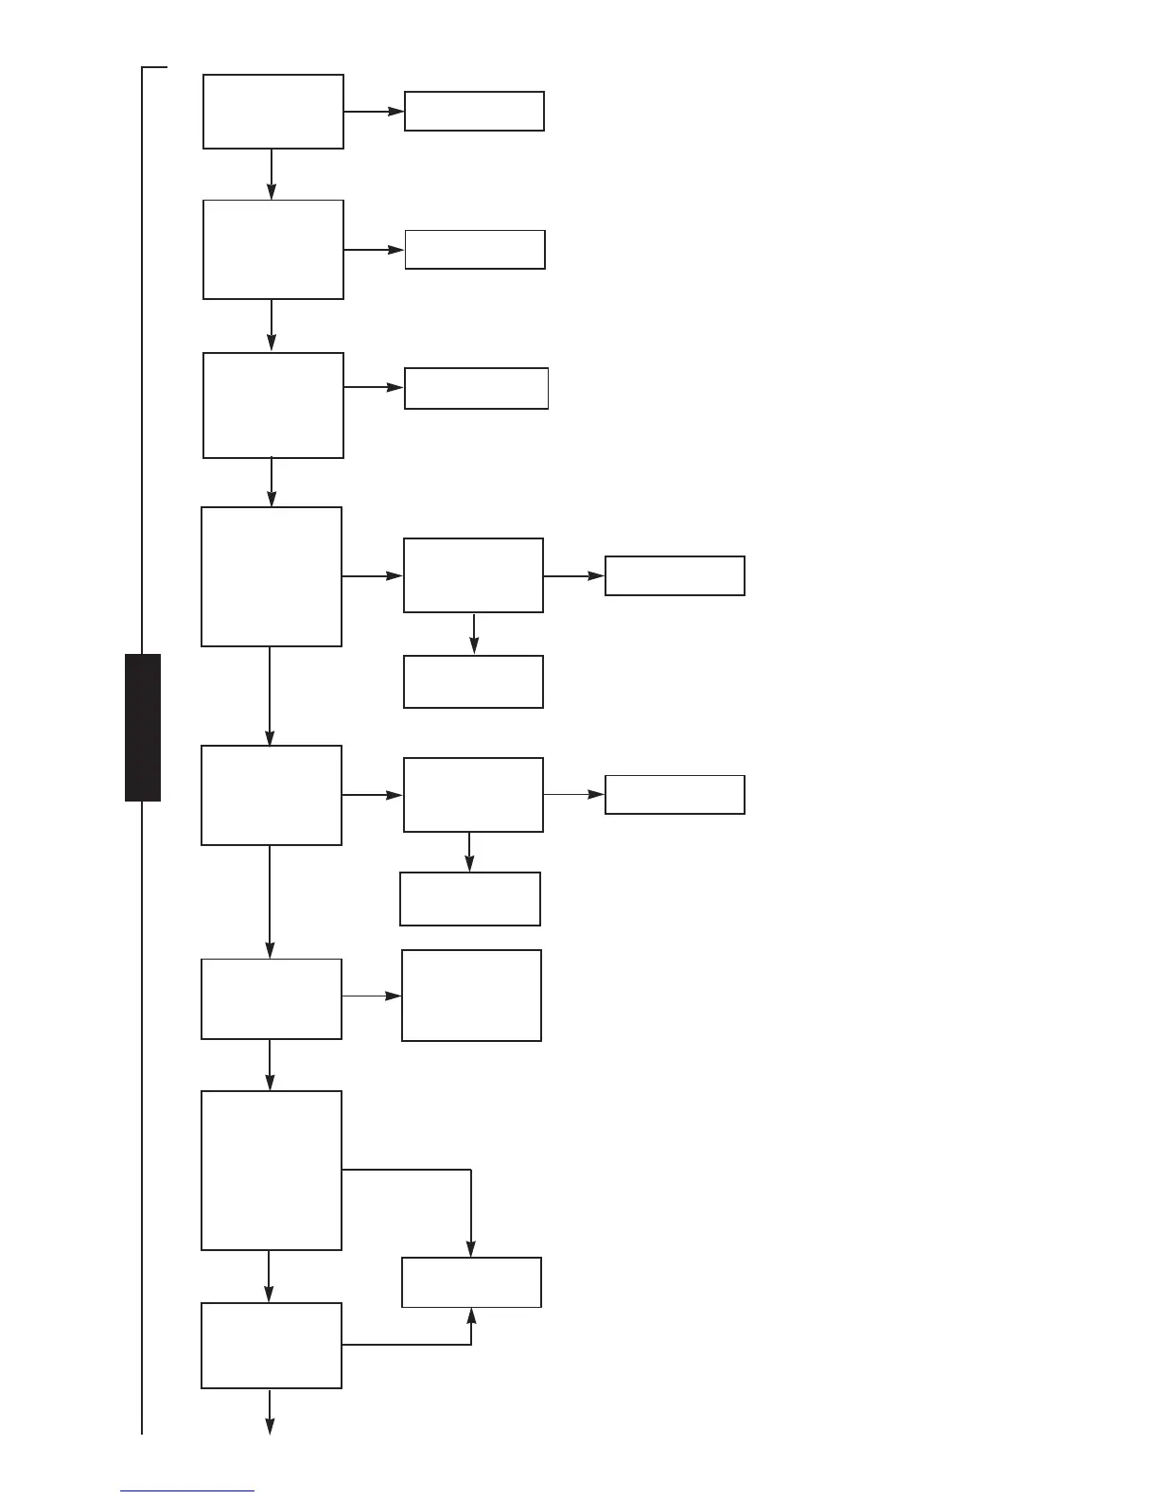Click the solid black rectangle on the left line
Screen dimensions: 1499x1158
pyautogui.click(x=143, y=727)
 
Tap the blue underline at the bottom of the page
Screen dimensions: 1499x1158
pyautogui.click(x=187, y=1490)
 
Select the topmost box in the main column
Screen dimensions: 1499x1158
pyautogui.click(x=273, y=112)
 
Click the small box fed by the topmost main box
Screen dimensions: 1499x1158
pyautogui.click(x=474, y=112)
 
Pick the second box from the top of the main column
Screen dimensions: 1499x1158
pyautogui.click(x=273, y=250)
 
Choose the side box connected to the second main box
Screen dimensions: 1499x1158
pyautogui.click(x=475, y=250)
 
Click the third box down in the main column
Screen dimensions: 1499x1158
pyautogui.click(x=273, y=406)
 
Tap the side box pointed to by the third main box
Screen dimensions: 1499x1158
pyautogui.click(x=476, y=388)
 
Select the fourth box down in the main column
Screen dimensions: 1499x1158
pyautogui.click(x=272, y=576)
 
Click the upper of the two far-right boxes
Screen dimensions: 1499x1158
pyautogui.click(x=675, y=575)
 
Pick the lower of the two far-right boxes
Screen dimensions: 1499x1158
pyautogui.click(x=675, y=795)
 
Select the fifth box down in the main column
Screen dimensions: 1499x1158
pyautogui.click(x=272, y=795)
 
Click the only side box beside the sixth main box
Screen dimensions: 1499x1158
pyautogui.click(x=471, y=996)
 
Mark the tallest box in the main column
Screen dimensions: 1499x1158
pyautogui.click(x=272, y=1171)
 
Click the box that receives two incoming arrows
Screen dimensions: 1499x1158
pyautogui.click(x=471, y=1282)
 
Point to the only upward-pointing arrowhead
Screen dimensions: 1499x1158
pyautogui.click(x=471, y=1316)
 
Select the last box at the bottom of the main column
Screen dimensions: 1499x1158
pyautogui.click(x=272, y=1346)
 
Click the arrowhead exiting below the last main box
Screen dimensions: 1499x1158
pyautogui.click(x=270, y=1427)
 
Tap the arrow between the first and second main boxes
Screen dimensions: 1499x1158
pyautogui.click(x=272, y=175)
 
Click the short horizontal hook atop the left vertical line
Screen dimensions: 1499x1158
pyautogui.click(x=154, y=68)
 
